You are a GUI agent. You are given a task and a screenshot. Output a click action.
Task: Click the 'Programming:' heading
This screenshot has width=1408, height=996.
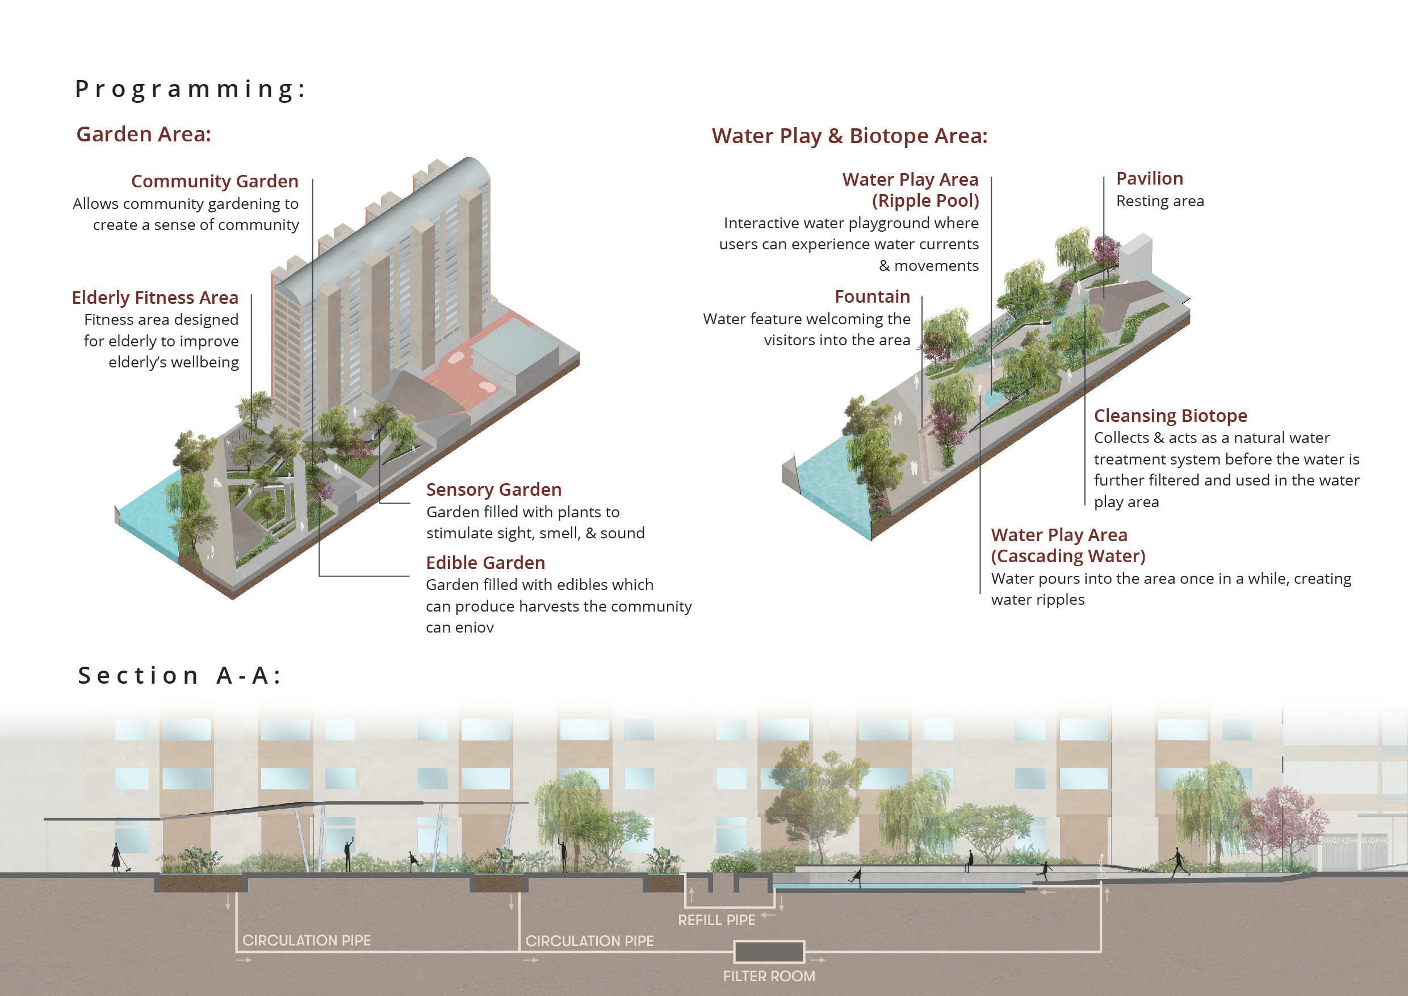[190, 90]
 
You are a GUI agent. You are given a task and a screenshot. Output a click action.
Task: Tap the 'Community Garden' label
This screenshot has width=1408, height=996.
[215, 182]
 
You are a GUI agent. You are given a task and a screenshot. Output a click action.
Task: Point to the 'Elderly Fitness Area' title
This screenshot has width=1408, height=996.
[154, 298]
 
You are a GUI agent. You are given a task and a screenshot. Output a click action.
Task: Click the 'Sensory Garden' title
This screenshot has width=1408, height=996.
[494, 490]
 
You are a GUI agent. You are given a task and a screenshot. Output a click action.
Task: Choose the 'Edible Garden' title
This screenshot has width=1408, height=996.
[485, 563]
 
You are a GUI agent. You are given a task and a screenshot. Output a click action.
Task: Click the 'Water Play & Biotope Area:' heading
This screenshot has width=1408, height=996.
[849, 136]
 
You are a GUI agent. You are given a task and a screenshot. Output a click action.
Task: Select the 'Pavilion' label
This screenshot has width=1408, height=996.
[1149, 179]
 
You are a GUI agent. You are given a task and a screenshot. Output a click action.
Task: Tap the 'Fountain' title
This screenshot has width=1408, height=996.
[872, 297]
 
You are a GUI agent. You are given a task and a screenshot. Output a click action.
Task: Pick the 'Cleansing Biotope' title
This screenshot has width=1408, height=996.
[1170, 416]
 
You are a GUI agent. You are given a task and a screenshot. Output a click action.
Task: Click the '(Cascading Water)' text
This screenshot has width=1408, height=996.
[1068, 556]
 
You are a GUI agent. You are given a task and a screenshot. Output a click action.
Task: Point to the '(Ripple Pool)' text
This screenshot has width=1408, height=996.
[925, 201]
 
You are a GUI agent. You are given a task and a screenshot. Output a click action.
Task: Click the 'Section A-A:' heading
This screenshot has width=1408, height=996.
[179, 675]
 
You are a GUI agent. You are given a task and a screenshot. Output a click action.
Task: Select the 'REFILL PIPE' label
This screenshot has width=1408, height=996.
[716, 920]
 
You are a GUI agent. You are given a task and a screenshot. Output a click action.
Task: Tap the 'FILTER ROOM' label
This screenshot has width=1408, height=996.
[769, 976]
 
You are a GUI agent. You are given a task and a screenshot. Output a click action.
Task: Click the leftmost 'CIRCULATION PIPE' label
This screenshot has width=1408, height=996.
[307, 941]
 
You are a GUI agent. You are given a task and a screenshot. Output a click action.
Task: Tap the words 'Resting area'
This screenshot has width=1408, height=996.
[1160, 202]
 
